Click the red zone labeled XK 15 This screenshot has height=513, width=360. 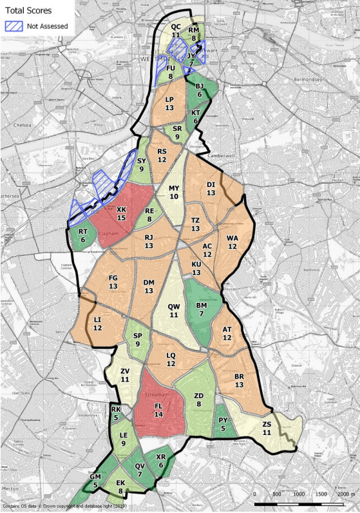point(121,214)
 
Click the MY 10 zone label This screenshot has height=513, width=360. point(173,192)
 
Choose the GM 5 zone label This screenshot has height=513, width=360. point(95,480)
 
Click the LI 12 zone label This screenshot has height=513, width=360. point(97,324)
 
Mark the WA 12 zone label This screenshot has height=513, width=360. point(232,242)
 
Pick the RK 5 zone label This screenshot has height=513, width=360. point(116,413)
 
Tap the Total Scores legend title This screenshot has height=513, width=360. point(29,11)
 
